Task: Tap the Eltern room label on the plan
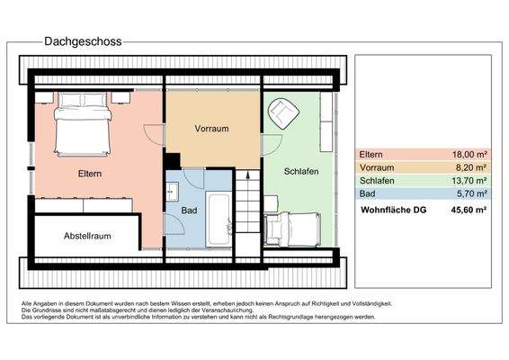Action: click(89, 173)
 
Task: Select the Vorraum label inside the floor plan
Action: click(212, 129)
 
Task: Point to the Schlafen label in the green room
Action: click(301, 171)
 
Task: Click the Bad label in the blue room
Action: click(188, 211)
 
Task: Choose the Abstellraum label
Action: click(87, 237)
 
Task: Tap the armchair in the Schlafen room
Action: click(284, 112)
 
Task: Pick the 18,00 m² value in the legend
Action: click(469, 154)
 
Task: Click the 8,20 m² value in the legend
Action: click(471, 167)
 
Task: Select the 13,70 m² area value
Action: click(469, 180)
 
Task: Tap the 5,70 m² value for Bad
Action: click(471, 193)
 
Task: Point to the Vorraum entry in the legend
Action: click(377, 167)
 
